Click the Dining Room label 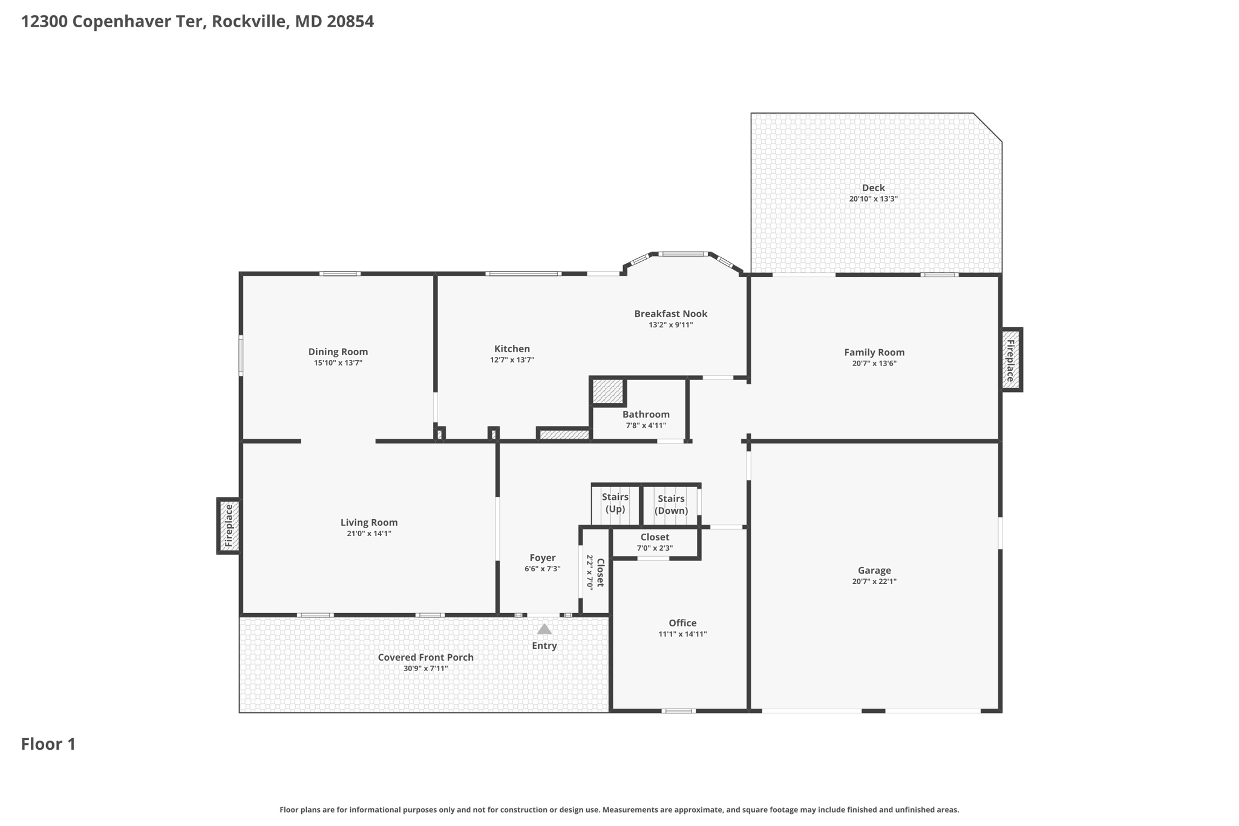point(338,352)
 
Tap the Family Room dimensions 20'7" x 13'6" point(874,363)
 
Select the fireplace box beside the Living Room point(229,526)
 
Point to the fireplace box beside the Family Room point(1011,360)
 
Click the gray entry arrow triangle point(544,629)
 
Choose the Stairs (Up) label point(615,503)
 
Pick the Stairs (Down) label point(671,504)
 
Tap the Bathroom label point(646,415)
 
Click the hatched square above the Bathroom point(608,392)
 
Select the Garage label point(874,570)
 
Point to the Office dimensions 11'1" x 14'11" point(682,634)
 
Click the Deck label point(873,188)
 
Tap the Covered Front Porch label point(425,657)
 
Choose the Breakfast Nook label point(670,313)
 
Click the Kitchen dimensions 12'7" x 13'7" point(512,359)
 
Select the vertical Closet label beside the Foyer point(600,572)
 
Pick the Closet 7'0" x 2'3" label point(655,542)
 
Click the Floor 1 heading point(48,744)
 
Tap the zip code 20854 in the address point(350,22)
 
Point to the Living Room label point(368,522)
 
